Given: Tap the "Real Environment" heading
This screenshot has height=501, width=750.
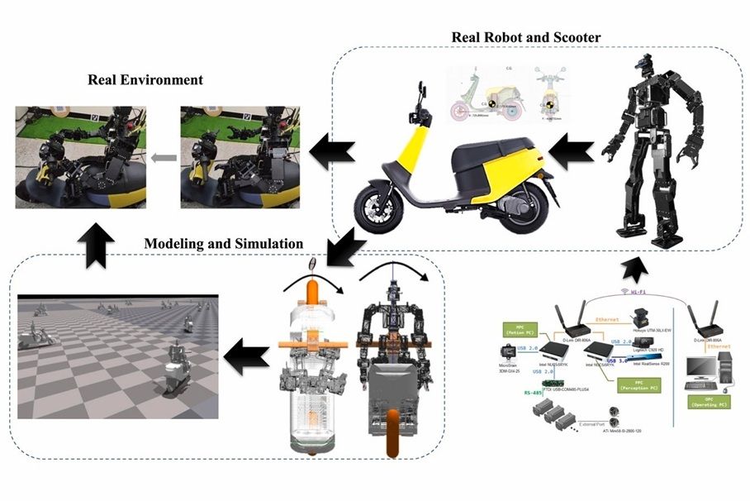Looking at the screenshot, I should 145,80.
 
